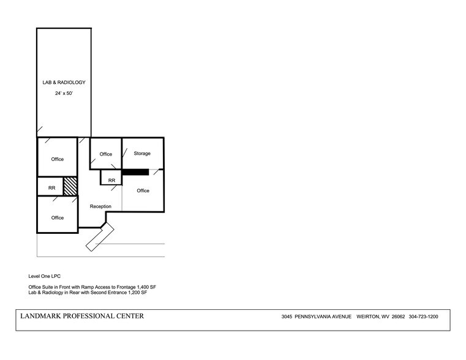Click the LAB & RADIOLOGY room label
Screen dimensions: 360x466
pos(64,82)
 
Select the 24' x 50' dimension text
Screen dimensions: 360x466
pos(64,94)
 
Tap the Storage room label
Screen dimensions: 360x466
pos(142,154)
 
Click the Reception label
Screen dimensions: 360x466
pos(100,206)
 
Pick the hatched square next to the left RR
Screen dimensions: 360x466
pos(71,186)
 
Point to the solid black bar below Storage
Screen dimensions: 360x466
pos(135,172)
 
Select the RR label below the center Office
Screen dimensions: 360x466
pos(111,181)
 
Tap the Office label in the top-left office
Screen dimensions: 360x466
pos(58,159)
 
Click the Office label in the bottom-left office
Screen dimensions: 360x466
pos(58,218)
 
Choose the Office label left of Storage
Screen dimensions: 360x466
pos(106,154)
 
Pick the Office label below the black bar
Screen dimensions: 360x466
pos(143,191)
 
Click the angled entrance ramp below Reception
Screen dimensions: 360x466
pos(99,238)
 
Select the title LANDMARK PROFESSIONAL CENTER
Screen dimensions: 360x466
pos(83,316)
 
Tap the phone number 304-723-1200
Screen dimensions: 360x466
pos(423,317)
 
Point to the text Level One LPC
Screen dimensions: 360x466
pos(45,276)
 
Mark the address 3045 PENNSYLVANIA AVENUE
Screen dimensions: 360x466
pos(316,317)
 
